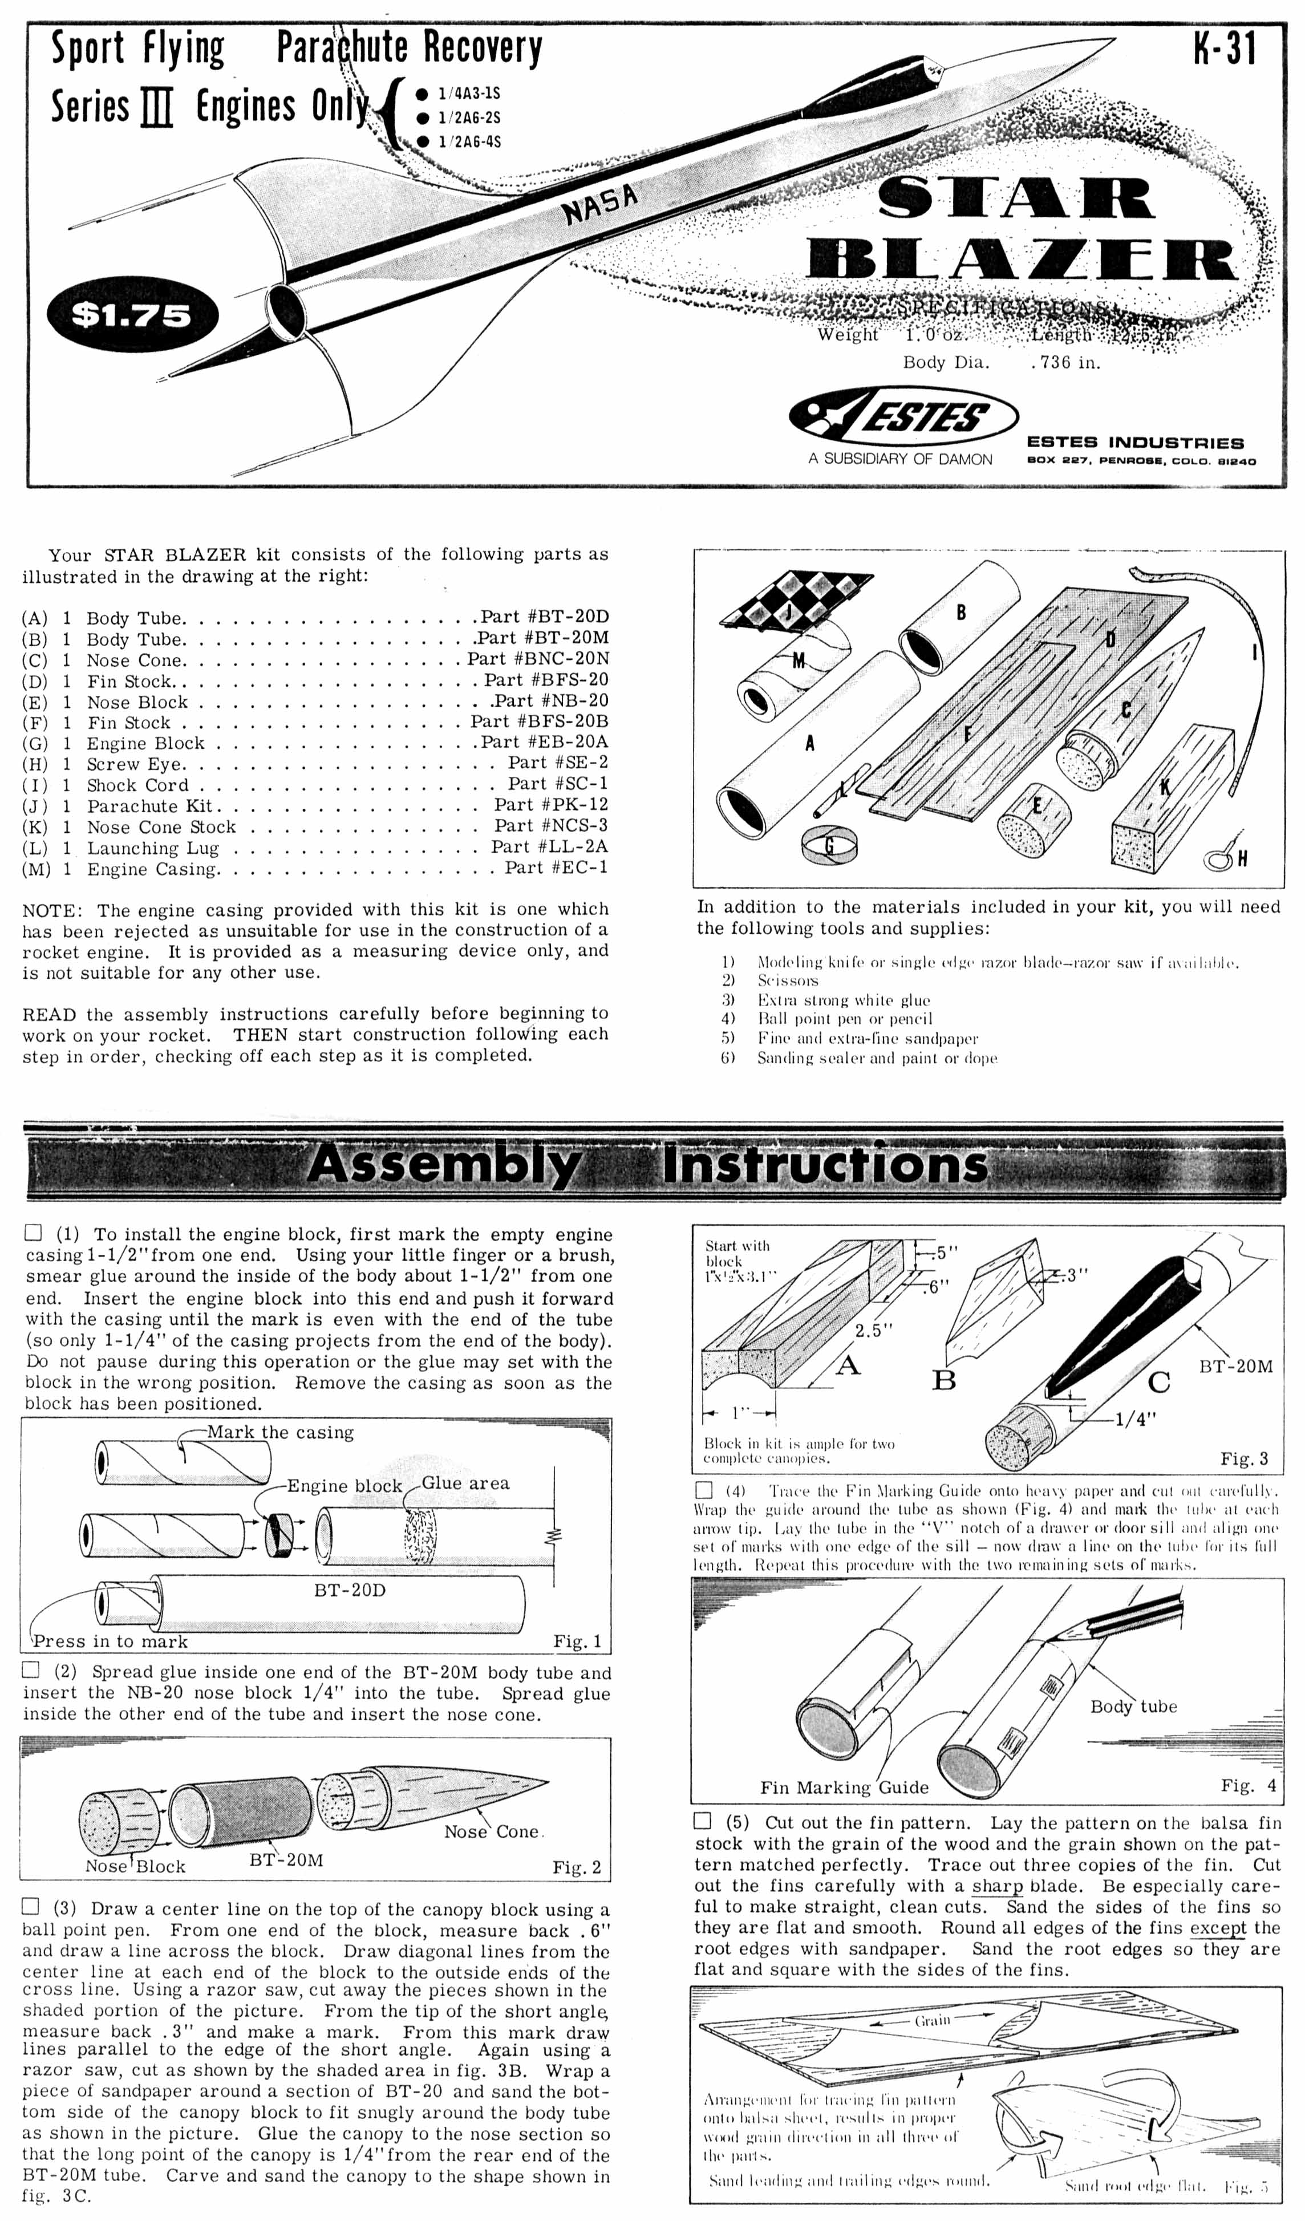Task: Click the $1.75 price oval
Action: [131, 314]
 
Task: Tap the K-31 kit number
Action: [1224, 48]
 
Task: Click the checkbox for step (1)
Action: [33, 1233]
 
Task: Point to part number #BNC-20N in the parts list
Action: [537, 658]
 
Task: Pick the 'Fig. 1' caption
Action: [577, 1641]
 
